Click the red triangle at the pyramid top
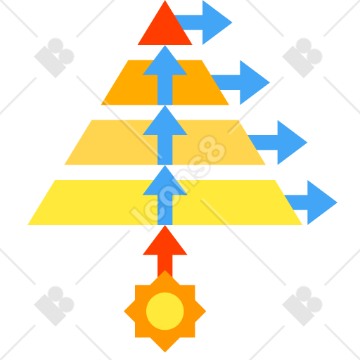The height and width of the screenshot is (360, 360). pyautogui.click(x=165, y=28)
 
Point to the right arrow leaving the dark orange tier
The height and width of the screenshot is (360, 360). pyautogui.click(x=244, y=82)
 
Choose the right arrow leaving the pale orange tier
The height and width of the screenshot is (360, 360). pyautogui.click(x=281, y=143)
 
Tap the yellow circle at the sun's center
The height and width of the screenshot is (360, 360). pyautogui.click(x=165, y=311)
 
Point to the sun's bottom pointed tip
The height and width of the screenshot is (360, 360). pyautogui.click(x=165, y=352)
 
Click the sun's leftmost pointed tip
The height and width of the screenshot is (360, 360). pyautogui.click(x=124, y=311)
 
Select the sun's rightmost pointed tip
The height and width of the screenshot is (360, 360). pyautogui.click(x=206, y=311)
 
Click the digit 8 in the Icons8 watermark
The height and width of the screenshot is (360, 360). pyautogui.click(x=212, y=149)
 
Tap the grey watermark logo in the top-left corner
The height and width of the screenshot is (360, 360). pyautogui.click(x=54, y=58)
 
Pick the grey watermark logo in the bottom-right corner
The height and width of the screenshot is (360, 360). pyautogui.click(x=302, y=306)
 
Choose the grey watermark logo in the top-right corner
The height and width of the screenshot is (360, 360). pyautogui.click(x=302, y=58)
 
